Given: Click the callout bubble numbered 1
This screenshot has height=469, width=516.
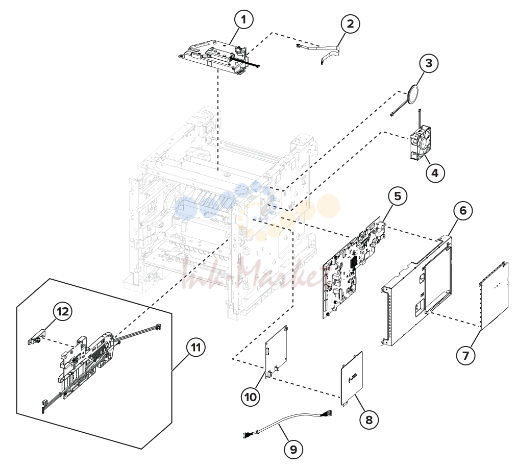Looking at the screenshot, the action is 243,20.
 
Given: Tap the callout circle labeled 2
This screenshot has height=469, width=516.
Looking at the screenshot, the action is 350,23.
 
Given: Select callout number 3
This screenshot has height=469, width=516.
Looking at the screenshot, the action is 429,63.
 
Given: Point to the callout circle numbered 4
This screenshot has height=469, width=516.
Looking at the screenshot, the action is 435,172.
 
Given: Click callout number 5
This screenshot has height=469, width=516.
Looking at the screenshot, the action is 398,196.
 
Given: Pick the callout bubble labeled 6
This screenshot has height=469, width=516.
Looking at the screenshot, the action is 463,210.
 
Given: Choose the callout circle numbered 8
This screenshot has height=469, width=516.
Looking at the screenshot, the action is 369,419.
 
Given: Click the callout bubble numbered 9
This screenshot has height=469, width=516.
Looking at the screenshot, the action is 293,449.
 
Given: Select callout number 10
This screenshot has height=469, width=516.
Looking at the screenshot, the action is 251,397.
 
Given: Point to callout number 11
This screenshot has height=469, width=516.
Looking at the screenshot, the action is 195,347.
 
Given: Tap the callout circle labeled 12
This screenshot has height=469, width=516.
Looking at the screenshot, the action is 63,311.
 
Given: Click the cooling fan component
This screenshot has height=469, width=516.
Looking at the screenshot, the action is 420,142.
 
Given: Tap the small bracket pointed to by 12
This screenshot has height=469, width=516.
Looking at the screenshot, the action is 34,336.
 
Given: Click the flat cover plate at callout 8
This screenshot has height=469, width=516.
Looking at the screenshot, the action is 352,379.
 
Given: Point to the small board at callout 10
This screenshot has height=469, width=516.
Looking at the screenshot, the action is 276,352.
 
